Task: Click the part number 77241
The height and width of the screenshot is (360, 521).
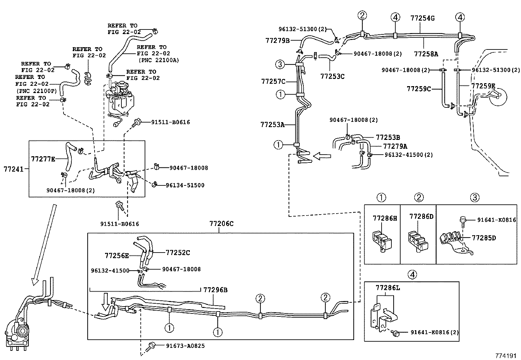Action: pyautogui.click(x=13, y=169)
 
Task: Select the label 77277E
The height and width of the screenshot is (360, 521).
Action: pyautogui.click(x=43, y=159)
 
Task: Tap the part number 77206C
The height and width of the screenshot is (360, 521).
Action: pyautogui.click(x=221, y=224)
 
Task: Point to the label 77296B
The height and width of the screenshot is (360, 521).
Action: pyautogui.click(x=215, y=290)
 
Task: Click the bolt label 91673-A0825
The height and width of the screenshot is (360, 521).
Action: pyautogui.click(x=185, y=346)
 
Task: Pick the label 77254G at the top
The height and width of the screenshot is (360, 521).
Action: pyautogui.click(x=422, y=18)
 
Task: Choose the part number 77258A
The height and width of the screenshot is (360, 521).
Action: pyautogui.click(x=425, y=54)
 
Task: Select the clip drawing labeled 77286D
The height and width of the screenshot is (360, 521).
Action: pyautogui.click(x=417, y=241)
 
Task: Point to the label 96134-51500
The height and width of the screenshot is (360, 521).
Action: pyautogui.click(x=185, y=185)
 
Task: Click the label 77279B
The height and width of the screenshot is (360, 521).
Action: pyautogui.click(x=278, y=41)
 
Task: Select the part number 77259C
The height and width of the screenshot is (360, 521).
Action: pyautogui.click(x=419, y=89)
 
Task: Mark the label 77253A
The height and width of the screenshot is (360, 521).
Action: pyautogui.click(x=272, y=124)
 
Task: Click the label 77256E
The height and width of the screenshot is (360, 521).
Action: pyautogui.click(x=117, y=256)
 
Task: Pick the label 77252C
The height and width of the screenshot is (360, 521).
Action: pyautogui.click(x=178, y=253)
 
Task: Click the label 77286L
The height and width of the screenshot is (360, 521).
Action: pyautogui.click(x=388, y=288)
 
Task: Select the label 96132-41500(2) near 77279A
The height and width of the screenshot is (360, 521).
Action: pyautogui.click(x=408, y=155)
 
